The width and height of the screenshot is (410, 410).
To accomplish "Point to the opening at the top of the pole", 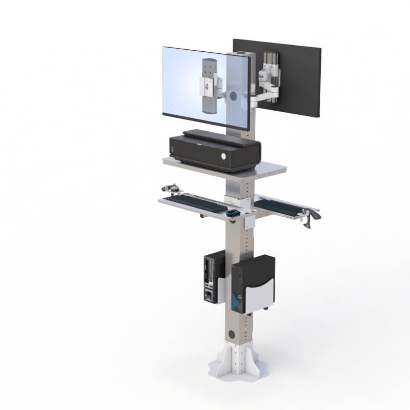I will coord(240,53).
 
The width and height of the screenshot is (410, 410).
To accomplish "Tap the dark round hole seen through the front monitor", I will coord(233,96).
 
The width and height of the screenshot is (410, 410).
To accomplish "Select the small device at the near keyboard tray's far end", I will coord(172,188).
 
